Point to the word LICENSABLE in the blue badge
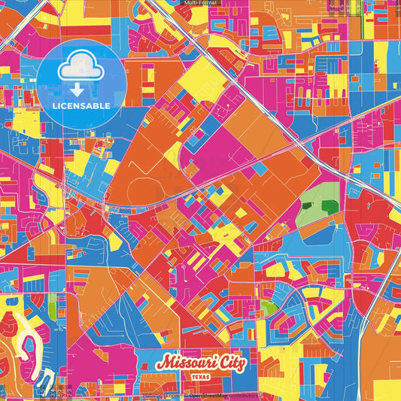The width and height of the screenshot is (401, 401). [x=81, y=105]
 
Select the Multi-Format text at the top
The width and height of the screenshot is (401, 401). [x=200, y=4]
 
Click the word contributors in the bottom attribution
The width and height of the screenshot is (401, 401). [x=242, y=396]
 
